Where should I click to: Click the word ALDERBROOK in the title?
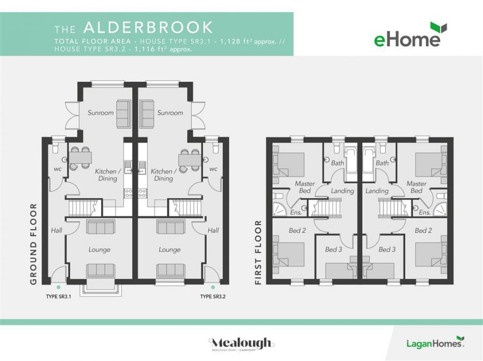click(148, 28)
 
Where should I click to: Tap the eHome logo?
click(411, 36)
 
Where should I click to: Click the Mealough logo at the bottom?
click(241, 344)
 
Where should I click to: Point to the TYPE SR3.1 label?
click(58, 297)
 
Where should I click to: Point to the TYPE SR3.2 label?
click(213, 297)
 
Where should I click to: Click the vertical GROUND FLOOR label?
click(33, 244)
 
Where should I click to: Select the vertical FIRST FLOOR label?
click(258, 252)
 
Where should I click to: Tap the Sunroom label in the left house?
click(101, 113)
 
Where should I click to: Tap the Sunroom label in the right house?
click(170, 113)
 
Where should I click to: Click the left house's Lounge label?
click(99, 250)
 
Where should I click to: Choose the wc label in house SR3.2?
click(213, 169)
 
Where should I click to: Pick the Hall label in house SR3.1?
click(56, 230)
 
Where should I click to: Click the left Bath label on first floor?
click(338, 163)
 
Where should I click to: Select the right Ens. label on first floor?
click(425, 213)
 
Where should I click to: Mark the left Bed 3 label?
click(333, 250)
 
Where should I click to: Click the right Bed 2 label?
click(423, 231)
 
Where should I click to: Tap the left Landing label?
click(342, 191)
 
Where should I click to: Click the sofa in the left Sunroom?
click(123, 113)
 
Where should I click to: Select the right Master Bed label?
click(416, 187)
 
